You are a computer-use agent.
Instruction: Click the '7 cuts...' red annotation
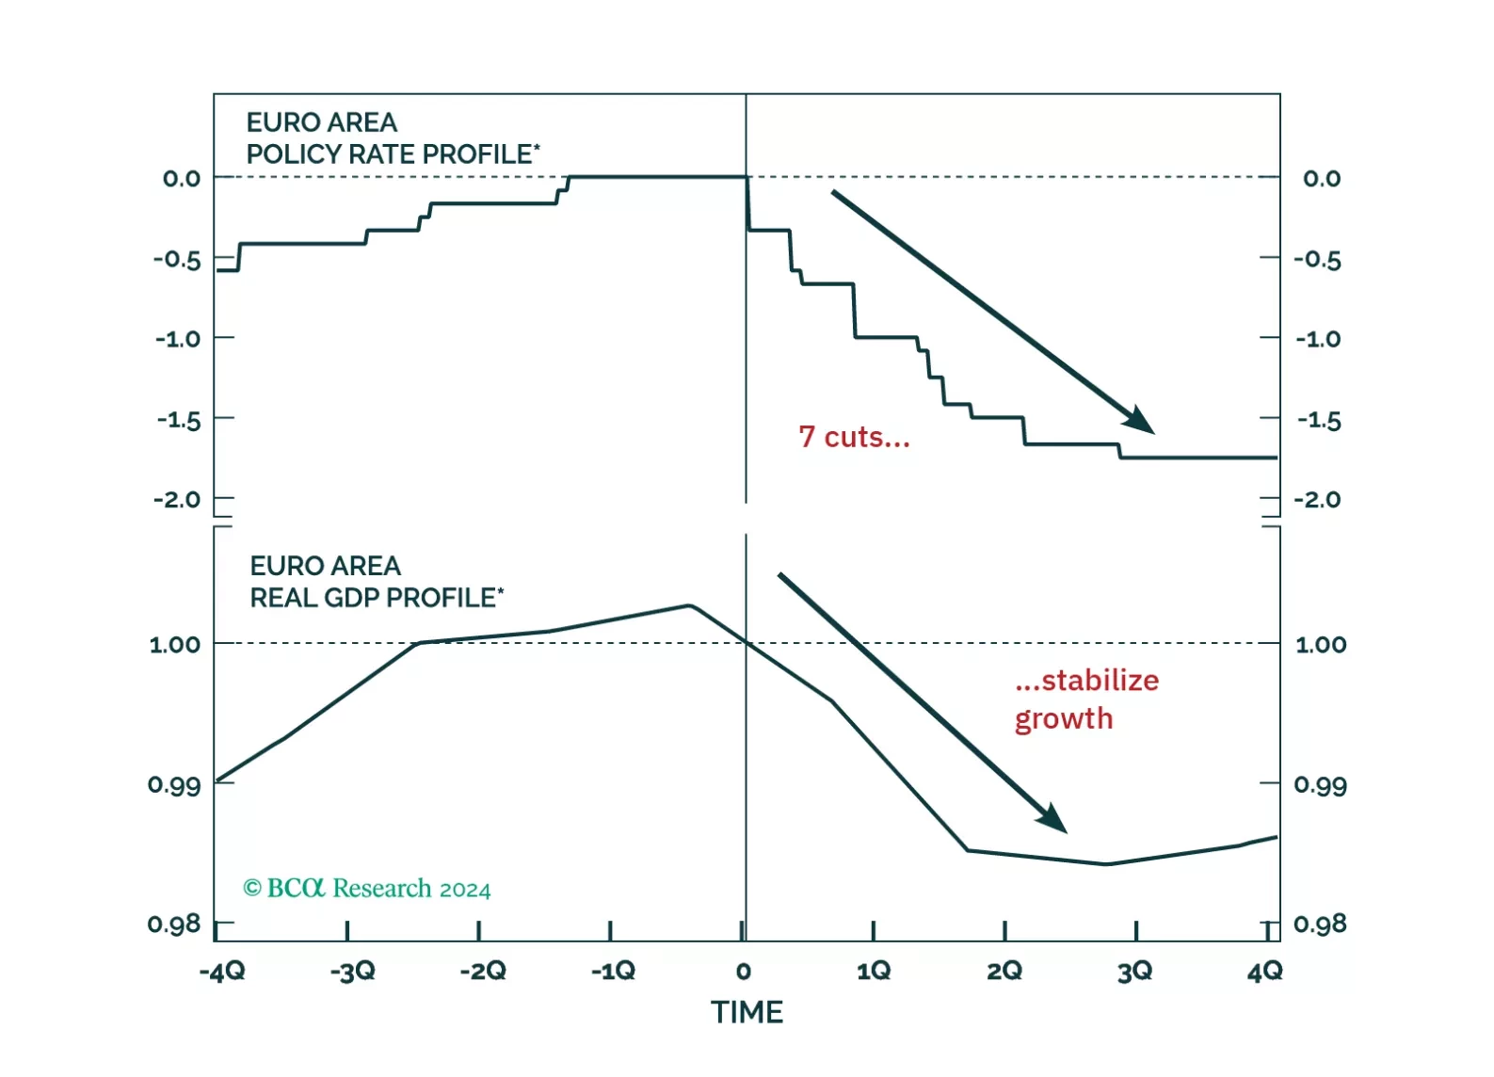tap(854, 437)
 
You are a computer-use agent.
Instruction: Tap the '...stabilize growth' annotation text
tap(1086, 699)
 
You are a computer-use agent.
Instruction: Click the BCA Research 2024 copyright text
tap(367, 889)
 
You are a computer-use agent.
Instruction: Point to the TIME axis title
tap(747, 1012)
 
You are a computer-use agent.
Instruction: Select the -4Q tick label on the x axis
tap(222, 971)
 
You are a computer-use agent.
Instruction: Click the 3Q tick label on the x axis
tap(1134, 971)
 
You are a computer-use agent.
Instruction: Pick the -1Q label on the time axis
tap(613, 971)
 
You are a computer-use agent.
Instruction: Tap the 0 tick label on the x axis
tap(744, 971)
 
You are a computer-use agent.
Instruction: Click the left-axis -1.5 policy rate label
tap(179, 420)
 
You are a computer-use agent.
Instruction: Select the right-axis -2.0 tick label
tap(1318, 499)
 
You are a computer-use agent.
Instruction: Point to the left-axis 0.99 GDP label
tap(174, 784)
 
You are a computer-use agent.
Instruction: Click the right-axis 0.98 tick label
tap(1320, 924)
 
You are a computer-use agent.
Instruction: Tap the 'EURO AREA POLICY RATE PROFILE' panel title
tap(393, 137)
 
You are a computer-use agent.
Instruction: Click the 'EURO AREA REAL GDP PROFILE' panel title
tap(377, 582)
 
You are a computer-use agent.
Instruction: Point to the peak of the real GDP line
tap(690, 605)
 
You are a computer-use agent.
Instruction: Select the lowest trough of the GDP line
tap(1107, 864)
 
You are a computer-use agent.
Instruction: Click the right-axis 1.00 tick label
tap(1321, 645)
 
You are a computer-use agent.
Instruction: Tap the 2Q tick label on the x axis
tap(1004, 971)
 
